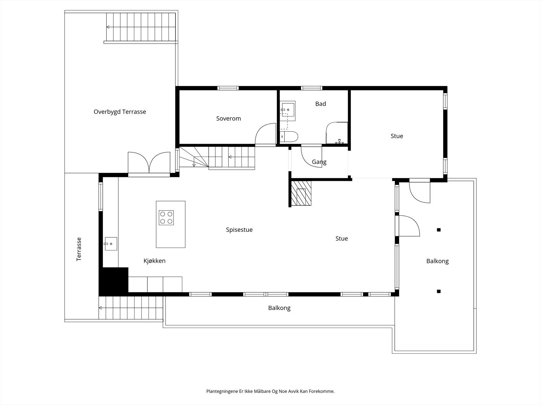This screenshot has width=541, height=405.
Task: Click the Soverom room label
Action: (x=229, y=118)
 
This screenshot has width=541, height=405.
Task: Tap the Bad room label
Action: (x=321, y=104)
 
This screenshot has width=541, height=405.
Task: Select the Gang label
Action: (x=319, y=162)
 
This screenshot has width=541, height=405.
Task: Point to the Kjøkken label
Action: (x=155, y=261)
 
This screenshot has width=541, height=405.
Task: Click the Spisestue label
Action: (x=239, y=230)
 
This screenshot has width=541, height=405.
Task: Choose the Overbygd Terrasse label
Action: (x=120, y=112)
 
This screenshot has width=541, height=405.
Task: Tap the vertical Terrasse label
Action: (x=79, y=249)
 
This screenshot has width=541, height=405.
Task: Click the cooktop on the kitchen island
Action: (x=166, y=218)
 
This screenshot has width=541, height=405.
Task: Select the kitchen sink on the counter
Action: (x=111, y=244)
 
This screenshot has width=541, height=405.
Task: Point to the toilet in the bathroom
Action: (x=289, y=137)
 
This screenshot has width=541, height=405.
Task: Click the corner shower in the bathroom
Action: (x=337, y=133)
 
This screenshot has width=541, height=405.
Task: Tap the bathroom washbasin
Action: (x=288, y=110)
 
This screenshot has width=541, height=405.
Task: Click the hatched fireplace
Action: (x=301, y=193)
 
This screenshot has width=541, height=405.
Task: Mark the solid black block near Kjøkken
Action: (x=113, y=281)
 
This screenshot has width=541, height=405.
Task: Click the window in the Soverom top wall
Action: (x=228, y=88)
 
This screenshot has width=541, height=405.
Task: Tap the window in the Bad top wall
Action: (x=311, y=88)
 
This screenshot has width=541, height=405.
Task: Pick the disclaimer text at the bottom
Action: (x=270, y=391)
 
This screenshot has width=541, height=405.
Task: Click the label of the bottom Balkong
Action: (x=279, y=308)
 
